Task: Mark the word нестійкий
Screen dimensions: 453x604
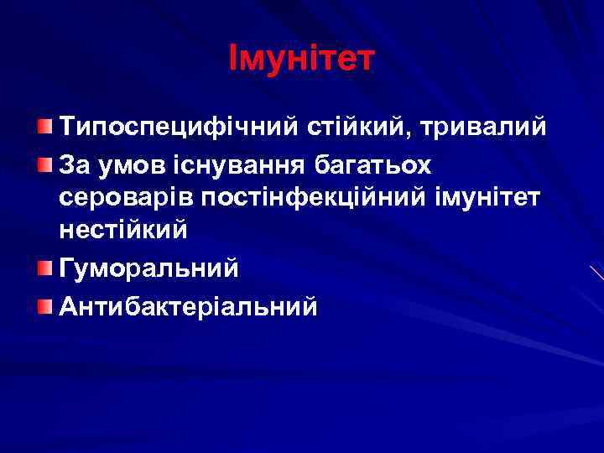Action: click(x=122, y=232)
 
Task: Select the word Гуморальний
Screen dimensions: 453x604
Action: click(x=148, y=268)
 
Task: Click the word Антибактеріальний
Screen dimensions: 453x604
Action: click(x=189, y=307)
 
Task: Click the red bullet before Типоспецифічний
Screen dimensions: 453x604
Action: click(x=44, y=128)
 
